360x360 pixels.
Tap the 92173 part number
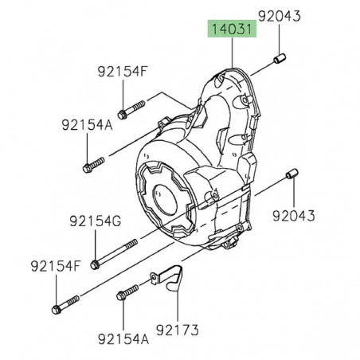[x=177, y=327]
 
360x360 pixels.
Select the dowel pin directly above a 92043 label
[x=293, y=174]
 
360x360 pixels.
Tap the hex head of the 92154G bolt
[x=96, y=264]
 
